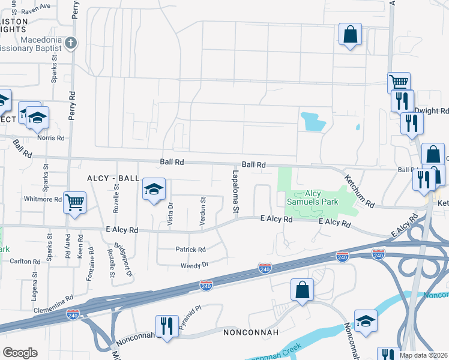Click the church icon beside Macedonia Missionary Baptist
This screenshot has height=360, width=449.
[71, 43]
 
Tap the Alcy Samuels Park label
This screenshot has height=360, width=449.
[313, 197]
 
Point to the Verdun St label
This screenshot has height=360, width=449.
[203, 212]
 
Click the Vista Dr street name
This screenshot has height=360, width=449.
[170, 213]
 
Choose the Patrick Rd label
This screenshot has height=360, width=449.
[190, 250]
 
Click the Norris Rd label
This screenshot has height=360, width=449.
[52, 137]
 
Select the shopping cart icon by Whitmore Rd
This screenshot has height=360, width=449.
[75, 202]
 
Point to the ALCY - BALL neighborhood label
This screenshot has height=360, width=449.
[113, 179]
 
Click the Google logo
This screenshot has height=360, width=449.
[20, 353]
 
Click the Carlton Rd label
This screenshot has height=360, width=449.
[25, 261]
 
